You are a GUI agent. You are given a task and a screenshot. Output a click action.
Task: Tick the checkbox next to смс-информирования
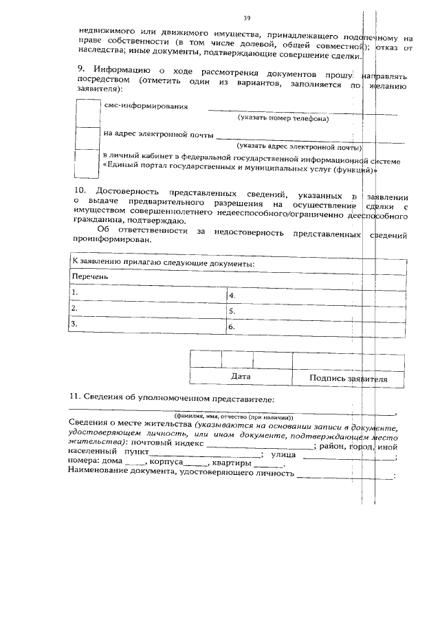pyautogui.click(x=89, y=113)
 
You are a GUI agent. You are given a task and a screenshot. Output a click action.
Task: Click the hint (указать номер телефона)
pyautogui.click(x=283, y=119)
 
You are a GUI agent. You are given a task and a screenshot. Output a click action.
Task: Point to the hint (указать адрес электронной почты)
pyautogui.click(x=299, y=146)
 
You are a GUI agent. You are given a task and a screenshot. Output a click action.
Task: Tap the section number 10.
pyautogui.click(x=80, y=190)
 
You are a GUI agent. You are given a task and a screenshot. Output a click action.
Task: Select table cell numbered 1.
pyautogui.click(x=148, y=293)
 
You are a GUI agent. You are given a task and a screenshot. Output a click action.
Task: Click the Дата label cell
pyautogui.click(x=241, y=377)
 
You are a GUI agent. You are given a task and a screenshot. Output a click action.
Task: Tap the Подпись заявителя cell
pyautogui.click(x=348, y=378)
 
